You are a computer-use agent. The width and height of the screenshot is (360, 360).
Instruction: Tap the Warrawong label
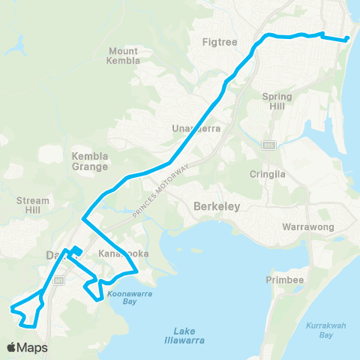[306, 226]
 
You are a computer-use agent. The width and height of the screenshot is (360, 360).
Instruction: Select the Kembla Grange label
[90, 161]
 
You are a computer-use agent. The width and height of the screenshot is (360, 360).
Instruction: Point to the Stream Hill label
[33, 206]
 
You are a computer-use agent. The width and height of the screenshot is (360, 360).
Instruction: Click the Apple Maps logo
[27, 347]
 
